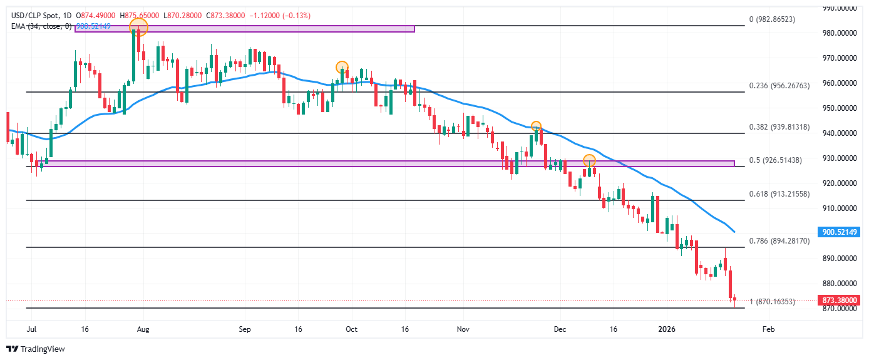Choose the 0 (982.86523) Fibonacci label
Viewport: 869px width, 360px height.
coord(771,20)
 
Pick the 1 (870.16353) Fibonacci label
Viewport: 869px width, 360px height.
coord(771,302)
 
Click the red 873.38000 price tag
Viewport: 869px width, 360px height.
coord(839,301)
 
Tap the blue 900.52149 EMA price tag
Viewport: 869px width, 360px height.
coord(839,232)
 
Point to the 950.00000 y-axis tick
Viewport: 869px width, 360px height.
coord(839,108)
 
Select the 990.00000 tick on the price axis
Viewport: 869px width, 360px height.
coord(839,8)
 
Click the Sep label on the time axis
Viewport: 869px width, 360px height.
coord(245,329)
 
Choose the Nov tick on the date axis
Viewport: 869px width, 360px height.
coord(463,329)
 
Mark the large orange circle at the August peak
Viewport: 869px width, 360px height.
coord(138,27)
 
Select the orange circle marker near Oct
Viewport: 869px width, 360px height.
coord(342,67)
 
